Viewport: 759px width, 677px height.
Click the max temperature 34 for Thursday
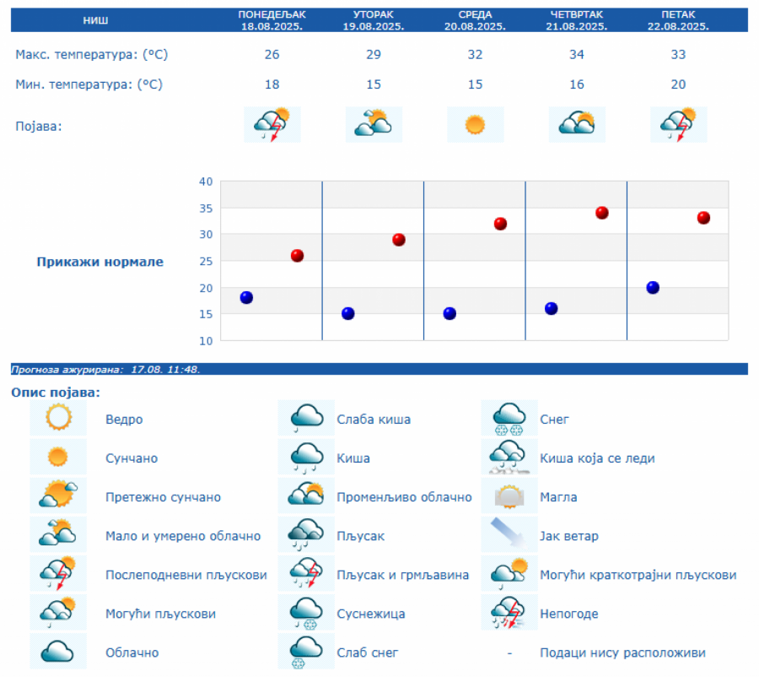pos(577,55)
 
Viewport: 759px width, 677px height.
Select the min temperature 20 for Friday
pos(678,84)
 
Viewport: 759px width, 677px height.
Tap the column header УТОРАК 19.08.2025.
pos(374,20)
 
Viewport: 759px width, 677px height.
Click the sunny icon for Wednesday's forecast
pos(476,125)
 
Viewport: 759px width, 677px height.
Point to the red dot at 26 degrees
pos(297,256)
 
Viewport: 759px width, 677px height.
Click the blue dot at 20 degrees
pos(653,288)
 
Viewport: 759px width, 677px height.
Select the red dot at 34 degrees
pos(602,213)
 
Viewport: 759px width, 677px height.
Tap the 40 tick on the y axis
pos(206,181)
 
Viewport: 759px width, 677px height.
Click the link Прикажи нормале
pos(100,262)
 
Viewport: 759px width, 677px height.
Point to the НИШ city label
pos(95,20)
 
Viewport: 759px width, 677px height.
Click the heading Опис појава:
pos(56,393)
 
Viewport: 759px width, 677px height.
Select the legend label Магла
pos(558,497)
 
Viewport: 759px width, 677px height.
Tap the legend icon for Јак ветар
pos(509,535)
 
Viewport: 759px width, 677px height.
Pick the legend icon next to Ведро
pos(58,419)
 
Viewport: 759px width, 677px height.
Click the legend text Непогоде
pos(568,614)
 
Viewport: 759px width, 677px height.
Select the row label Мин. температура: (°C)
pos(89,84)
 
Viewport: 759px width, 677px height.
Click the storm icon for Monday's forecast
pos(272,125)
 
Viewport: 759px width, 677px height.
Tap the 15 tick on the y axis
pos(206,314)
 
